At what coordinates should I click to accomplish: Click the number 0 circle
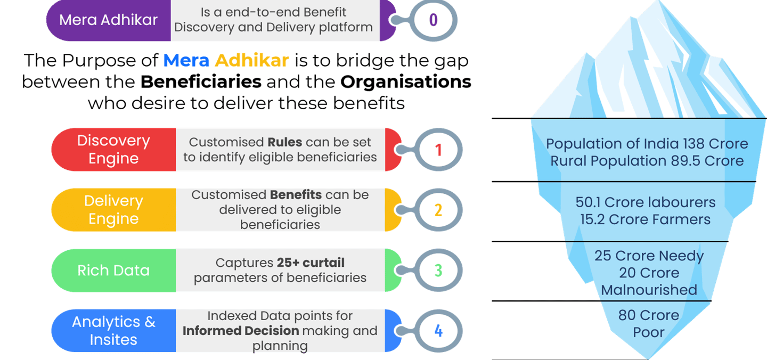pyautogui.click(x=433, y=20)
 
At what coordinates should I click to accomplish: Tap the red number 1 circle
pyautogui.click(x=438, y=150)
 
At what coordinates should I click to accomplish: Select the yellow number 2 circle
pyautogui.click(x=438, y=210)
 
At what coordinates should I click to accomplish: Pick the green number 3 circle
pyautogui.click(x=438, y=270)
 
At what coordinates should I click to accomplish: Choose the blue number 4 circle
pyautogui.click(x=438, y=331)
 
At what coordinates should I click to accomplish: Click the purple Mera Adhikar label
pyautogui.click(x=109, y=20)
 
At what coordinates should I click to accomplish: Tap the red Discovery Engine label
pyautogui.click(x=113, y=150)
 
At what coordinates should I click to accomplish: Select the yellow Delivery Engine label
pyautogui.click(x=113, y=210)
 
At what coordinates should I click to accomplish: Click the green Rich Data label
pyautogui.click(x=113, y=270)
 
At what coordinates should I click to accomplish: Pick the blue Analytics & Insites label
pyautogui.click(x=113, y=331)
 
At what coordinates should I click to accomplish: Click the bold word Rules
pyautogui.click(x=285, y=142)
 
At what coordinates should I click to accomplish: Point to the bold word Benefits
pyautogui.click(x=296, y=195)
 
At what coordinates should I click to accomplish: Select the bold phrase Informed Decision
pyautogui.click(x=241, y=331)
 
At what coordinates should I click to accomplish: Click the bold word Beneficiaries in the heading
pyautogui.click(x=201, y=83)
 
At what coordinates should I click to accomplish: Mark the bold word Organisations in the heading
pyautogui.click(x=406, y=83)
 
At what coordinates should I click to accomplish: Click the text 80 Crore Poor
pyautogui.click(x=648, y=324)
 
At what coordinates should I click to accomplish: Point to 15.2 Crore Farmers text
pyautogui.click(x=645, y=219)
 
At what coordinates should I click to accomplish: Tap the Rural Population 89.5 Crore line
pyautogui.click(x=647, y=161)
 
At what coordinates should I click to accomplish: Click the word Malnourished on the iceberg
pyautogui.click(x=649, y=290)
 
